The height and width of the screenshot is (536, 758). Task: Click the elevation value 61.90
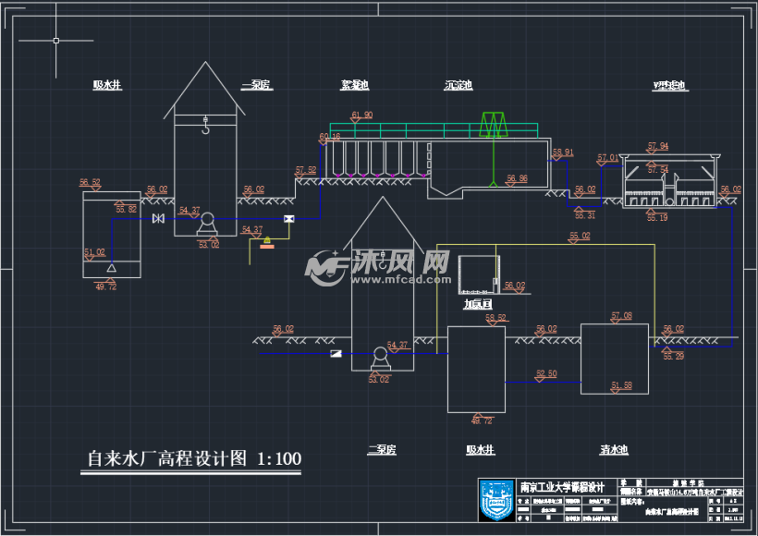point(361,116)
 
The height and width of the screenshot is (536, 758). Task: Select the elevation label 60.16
point(330,137)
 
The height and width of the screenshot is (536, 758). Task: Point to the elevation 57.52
point(305,169)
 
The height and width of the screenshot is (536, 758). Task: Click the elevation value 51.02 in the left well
point(94,251)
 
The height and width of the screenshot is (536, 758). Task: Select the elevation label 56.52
point(90,182)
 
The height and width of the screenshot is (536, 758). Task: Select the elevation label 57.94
point(657,146)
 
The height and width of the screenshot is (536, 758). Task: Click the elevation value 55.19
point(657,218)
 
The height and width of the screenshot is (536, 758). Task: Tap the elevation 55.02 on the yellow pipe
point(580,237)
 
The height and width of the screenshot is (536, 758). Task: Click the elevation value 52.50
point(546,373)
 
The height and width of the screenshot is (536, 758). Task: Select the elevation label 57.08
point(621,316)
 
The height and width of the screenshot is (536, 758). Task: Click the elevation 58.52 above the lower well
point(495,318)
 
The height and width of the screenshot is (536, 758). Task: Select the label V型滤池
point(670,85)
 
